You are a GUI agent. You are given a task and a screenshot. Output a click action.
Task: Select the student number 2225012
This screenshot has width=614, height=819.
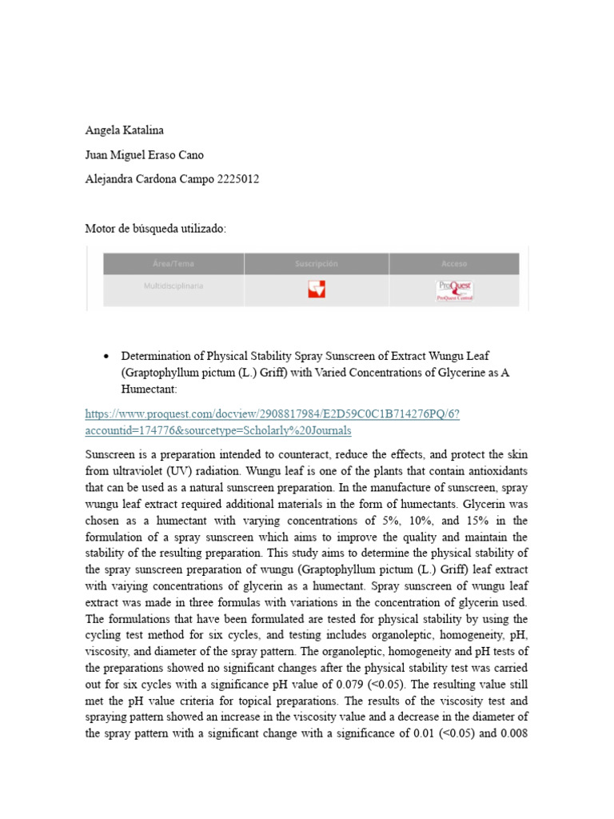(238, 179)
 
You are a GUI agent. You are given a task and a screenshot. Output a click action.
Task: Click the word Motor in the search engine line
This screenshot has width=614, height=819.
(101, 229)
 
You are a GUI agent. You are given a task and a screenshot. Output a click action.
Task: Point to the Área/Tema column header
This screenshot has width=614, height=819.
(173, 264)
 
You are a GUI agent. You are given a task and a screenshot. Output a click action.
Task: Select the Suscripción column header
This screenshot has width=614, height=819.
(317, 264)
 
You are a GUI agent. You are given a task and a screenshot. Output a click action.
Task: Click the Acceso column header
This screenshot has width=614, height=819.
(454, 264)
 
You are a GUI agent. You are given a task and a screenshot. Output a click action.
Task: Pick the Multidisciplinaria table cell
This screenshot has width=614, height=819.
(173, 285)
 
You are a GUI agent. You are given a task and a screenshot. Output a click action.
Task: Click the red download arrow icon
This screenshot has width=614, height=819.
(317, 289)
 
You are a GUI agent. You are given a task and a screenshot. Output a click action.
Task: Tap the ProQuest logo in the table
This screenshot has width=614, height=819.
(454, 290)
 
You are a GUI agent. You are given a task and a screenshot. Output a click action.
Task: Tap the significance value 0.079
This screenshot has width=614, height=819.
(357, 684)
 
